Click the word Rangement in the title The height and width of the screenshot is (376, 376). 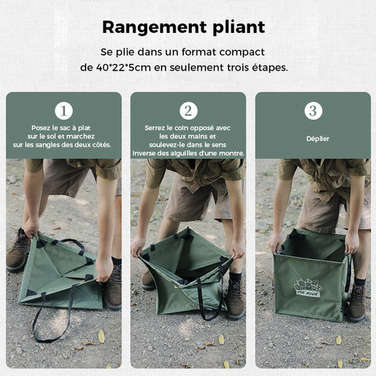pos(154,27)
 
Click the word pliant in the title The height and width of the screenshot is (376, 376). pos(239,27)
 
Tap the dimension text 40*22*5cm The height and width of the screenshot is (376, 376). pos(124,67)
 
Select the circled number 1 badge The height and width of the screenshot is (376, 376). pos(63,111)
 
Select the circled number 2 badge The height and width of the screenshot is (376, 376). pos(188,111)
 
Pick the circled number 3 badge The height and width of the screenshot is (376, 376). pos(313,111)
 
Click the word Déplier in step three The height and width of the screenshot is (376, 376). pos(318,139)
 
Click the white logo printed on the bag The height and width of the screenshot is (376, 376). pos(308,287)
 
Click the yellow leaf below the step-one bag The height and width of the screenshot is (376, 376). pos(101,336)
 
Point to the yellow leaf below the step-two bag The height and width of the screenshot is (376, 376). pos(222,339)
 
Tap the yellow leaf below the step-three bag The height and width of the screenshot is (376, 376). pos(339,340)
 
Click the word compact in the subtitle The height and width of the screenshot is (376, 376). pos(242,52)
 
